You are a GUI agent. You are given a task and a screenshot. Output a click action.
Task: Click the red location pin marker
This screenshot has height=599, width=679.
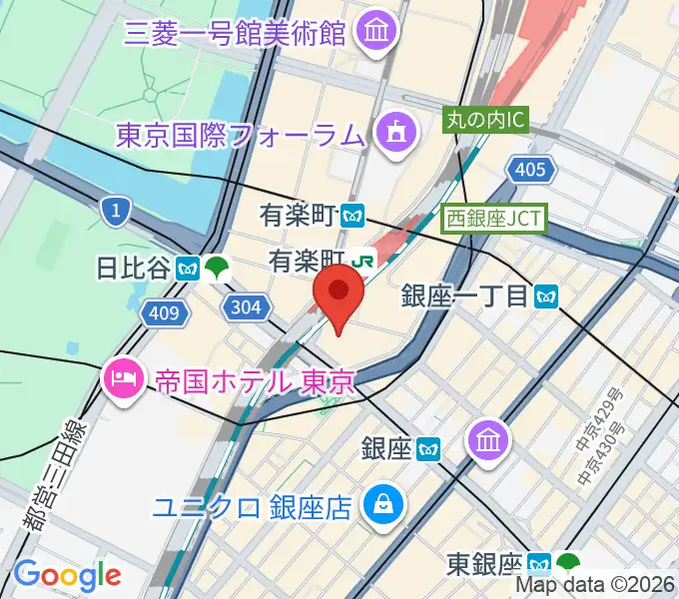(x=339, y=295)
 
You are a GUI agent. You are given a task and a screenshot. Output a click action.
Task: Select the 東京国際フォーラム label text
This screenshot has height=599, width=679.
(x=239, y=133)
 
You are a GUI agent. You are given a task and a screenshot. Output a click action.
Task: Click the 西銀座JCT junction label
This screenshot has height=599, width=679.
(x=496, y=216)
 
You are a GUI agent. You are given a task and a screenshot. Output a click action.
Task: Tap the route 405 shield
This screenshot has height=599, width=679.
(x=530, y=170)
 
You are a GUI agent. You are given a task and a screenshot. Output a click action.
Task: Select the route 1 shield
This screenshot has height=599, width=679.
(x=117, y=210)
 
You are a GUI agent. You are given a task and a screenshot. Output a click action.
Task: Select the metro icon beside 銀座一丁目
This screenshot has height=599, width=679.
(x=545, y=296)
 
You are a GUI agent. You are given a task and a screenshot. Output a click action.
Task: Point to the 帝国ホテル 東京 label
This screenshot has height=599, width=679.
(x=255, y=381)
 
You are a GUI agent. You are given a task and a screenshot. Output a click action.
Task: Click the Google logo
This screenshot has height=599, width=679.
(x=67, y=574)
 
